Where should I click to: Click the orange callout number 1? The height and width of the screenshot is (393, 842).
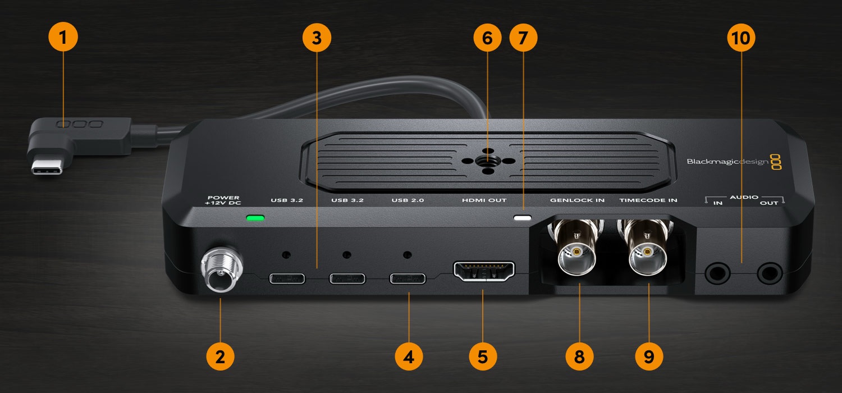click(x=63, y=37)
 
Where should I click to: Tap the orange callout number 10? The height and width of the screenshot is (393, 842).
click(x=742, y=38)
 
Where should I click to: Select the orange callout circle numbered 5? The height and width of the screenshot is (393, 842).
click(x=483, y=356)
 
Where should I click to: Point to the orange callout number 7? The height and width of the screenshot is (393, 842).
click(x=523, y=38)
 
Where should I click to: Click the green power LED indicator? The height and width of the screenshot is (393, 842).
click(x=255, y=218)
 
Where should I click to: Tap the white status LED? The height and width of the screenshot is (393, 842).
click(x=523, y=218)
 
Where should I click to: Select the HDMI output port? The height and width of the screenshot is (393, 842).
click(x=484, y=272)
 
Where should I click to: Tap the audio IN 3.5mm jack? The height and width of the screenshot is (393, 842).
click(x=717, y=273)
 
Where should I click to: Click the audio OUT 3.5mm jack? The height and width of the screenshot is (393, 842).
click(x=770, y=273)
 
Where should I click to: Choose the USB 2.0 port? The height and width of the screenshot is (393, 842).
click(x=408, y=278)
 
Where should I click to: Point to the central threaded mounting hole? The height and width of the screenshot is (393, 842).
click(x=488, y=161)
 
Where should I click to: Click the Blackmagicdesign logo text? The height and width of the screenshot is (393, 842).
click(x=727, y=162)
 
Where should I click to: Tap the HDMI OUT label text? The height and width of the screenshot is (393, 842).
click(x=484, y=200)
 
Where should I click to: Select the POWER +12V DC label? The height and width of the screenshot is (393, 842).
click(x=223, y=200)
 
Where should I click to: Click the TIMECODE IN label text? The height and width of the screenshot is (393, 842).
click(x=648, y=200)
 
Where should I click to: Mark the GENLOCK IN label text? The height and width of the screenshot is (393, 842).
click(x=578, y=200)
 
